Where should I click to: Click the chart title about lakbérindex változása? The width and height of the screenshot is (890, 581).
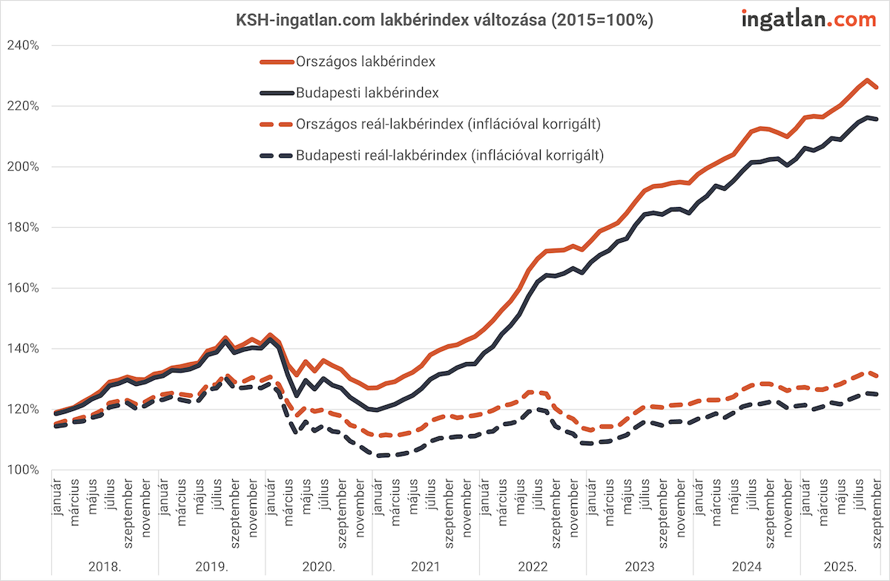pos(444,21)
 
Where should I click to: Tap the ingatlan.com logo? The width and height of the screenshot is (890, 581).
pos(808,20)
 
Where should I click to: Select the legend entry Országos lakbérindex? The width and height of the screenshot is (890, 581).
pos(365,62)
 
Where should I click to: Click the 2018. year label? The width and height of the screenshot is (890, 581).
pos(105,566)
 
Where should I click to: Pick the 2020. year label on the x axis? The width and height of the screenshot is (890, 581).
pos(318,566)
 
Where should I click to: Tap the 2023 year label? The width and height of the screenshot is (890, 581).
pos(639,566)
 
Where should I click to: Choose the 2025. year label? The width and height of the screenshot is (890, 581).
pos(840,566)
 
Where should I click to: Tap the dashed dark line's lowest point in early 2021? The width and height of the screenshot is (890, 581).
pos(380,456)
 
